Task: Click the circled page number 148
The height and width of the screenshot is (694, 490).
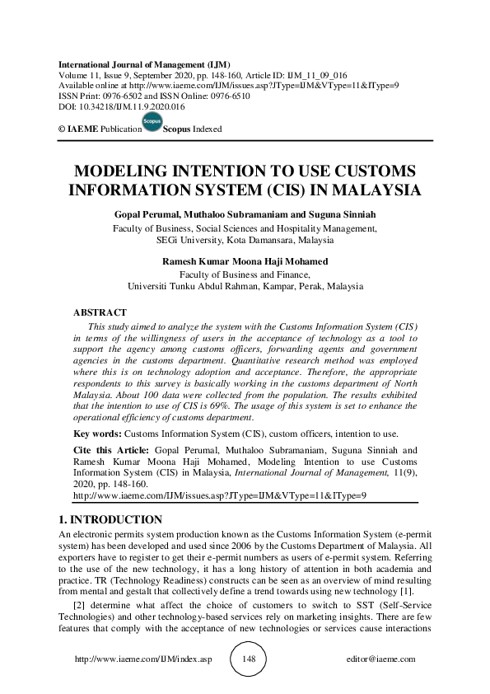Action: click(250, 659)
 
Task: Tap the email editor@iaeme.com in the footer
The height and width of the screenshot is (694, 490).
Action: click(382, 659)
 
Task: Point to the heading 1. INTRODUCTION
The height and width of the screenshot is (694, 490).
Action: click(110, 520)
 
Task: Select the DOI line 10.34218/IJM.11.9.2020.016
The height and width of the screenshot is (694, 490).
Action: click(121, 107)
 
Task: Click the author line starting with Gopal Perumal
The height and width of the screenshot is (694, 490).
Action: click(245, 214)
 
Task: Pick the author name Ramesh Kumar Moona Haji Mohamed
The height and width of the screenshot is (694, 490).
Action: click(245, 262)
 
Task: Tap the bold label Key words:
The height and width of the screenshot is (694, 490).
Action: click(96, 434)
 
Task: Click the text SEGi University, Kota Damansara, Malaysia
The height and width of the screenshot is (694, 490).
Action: click(245, 241)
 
